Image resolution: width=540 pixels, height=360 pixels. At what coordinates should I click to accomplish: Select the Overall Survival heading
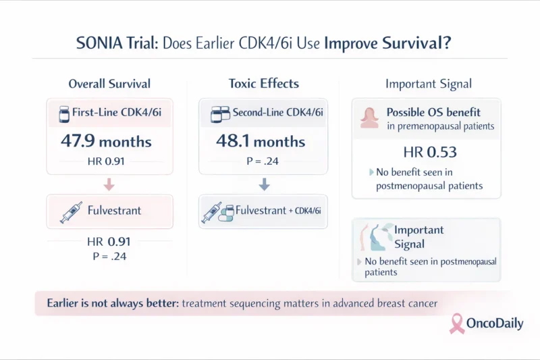pyautogui.click(x=109, y=84)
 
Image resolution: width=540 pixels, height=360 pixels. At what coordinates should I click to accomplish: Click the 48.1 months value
pyautogui.click(x=261, y=143)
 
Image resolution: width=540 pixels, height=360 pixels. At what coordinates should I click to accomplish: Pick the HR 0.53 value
pyautogui.click(x=428, y=152)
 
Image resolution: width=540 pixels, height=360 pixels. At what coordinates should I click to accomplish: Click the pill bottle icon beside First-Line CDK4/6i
pyautogui.click(x=64, y=114)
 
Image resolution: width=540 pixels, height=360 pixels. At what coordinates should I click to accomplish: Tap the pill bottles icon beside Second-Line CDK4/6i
pyautogui.click(x=217, y=114)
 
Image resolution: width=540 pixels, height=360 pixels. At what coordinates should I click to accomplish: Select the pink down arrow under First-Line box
pyautogui.click(x=109, y=184)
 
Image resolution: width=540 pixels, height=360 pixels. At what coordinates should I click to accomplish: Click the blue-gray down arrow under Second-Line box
pyautogui.click(x=264, y=184)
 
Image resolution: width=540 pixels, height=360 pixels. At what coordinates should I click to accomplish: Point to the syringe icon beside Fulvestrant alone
pyautogui.click(x=70, y=212)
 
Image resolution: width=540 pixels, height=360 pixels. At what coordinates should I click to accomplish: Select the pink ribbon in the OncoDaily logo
pyautogui.click(x=458, y=323)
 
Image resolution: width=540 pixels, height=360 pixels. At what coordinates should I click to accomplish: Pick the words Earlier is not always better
pyautogui.click(x=112, y=304)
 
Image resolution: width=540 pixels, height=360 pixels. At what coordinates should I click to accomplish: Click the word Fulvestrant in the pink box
pyautogui.click(x=115, y=211)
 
